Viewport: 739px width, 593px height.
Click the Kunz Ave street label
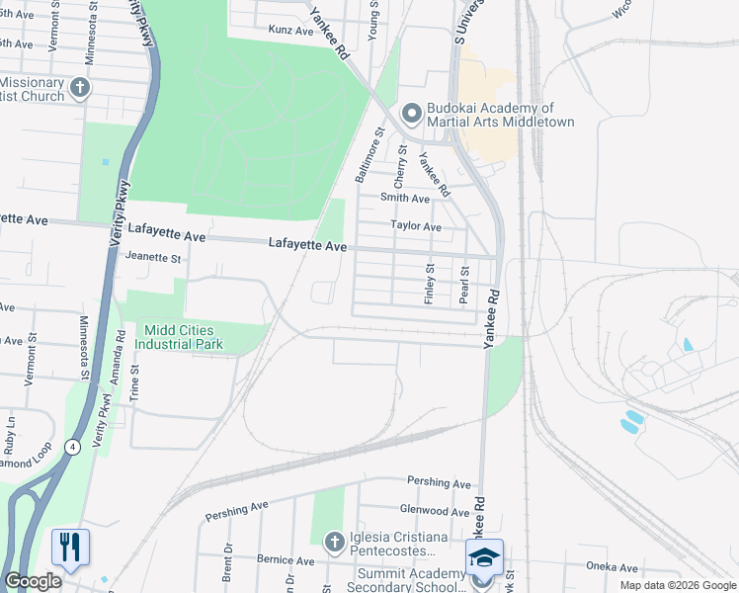290,31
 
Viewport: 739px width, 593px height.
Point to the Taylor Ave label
415,225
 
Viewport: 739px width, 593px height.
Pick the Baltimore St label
369,154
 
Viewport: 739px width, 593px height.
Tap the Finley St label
430,283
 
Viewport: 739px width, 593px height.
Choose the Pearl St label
463,284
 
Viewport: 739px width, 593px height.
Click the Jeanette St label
153,258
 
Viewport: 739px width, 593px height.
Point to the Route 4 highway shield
73,447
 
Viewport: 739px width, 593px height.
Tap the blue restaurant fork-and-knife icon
70,548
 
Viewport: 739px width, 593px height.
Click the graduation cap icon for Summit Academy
484,558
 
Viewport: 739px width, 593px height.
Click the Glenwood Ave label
434,512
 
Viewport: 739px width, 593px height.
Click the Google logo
33,581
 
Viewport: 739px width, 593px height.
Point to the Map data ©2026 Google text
678,585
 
